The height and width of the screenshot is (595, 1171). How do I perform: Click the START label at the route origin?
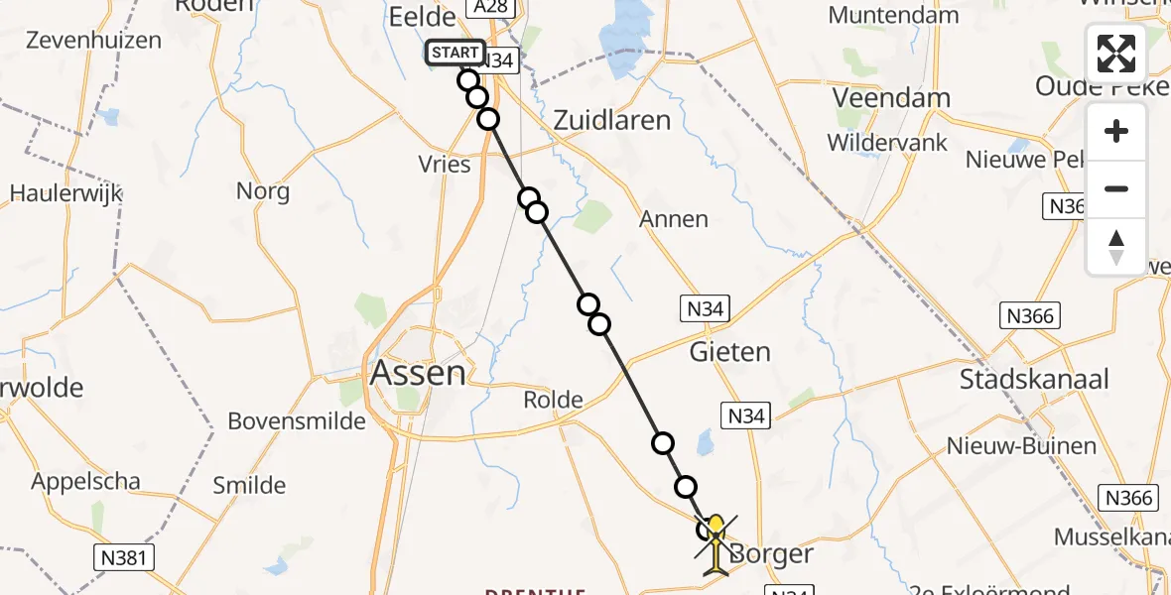[x=455, y=53]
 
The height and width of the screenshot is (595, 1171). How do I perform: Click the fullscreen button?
[x=1116, y=54]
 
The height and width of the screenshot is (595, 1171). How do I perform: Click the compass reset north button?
[x=1116, y=247]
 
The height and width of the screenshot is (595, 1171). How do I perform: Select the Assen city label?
[x=417, y=373]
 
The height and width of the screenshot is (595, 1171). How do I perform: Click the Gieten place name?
[x=730, y=351]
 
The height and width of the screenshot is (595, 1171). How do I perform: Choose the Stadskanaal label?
[x=1033, y=379]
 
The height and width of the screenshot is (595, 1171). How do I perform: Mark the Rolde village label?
[x=554, y=400]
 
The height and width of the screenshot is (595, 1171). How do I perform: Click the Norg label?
[x=263, y=190]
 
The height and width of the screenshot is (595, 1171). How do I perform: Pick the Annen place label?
[x=675, y=218]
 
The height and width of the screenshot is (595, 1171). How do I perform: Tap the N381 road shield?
[x=123, y=558]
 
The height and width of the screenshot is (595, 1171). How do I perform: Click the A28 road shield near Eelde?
[x=480, y=8]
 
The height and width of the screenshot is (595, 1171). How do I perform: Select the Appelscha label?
[x=85, y=482]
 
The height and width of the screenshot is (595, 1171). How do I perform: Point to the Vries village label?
[x=445, y=164]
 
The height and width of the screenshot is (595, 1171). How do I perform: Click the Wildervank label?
[x=887, y=142]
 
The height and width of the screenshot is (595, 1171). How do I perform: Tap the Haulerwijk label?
[x=66, y=192]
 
